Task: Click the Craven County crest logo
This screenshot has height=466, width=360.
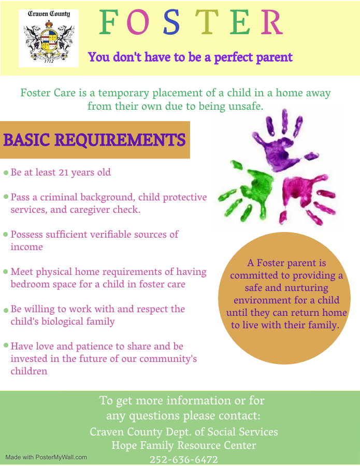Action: click(x=49, y=38)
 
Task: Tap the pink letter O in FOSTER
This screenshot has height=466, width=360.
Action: click(x=138, y=22)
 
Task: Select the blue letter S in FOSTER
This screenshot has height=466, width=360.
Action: click(x=171, y=22)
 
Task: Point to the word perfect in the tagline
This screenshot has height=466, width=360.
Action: click(x=234, y=57)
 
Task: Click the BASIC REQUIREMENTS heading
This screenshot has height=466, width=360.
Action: click(x=94, y=140)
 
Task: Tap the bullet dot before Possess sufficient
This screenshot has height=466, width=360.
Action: click(x=5, y=234)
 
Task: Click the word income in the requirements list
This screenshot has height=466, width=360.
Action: click(x=27, y=247)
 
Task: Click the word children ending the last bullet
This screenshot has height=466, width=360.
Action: click(x=29, y=371)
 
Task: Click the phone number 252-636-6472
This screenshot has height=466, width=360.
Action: click(x=184, y=459)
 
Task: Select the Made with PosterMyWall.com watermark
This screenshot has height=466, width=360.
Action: click(x=46, y=457)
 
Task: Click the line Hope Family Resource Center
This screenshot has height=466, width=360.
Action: click(x=184, y=445)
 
